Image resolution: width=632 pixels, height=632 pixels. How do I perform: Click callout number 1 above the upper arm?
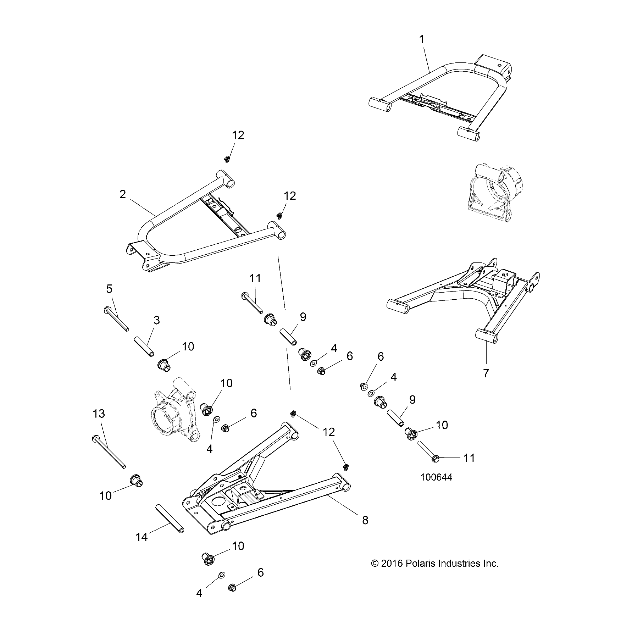pos(422,39)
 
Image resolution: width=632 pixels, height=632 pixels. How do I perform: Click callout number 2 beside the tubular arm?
pos(123,194)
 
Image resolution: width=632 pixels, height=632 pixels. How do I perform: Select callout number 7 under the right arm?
pos(486,373)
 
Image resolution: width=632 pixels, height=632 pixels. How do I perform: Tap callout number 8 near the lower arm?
pos(365,520)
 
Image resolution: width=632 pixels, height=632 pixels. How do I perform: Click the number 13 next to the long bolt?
pos(99,414)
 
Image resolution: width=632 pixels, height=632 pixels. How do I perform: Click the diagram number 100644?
pos(436,477)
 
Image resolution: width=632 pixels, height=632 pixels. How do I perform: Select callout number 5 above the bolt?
pos(109,289)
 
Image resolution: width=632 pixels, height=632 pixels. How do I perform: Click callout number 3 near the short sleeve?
pos(156,320)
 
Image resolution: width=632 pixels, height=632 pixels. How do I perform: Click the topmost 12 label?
pos(238,135)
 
